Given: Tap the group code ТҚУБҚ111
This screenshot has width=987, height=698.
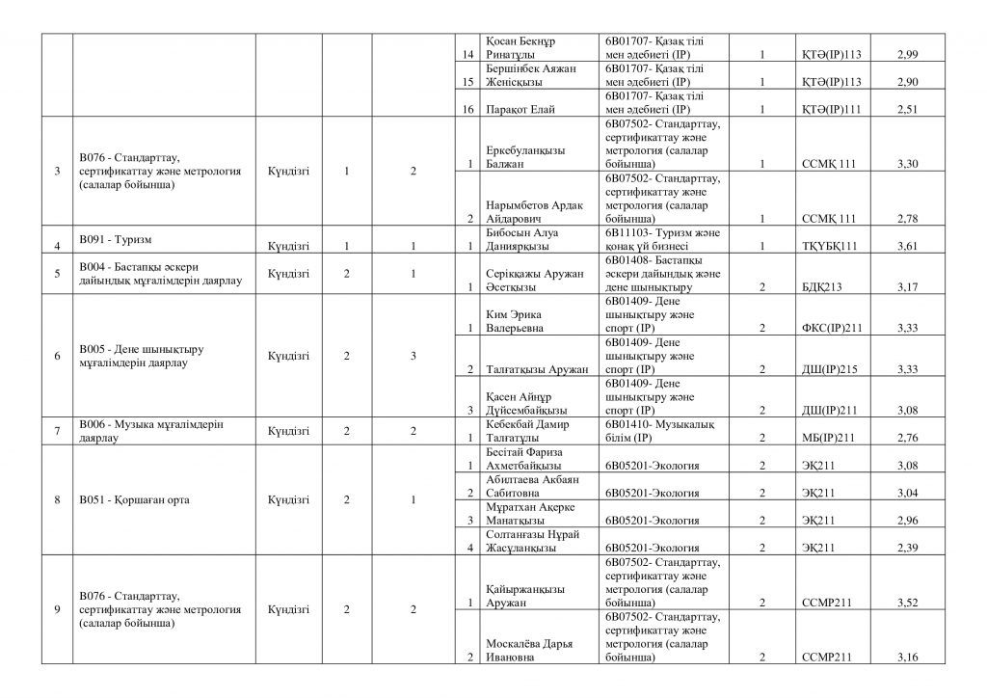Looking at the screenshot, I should point(829,247).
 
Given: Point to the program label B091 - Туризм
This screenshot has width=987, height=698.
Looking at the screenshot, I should point(120,237).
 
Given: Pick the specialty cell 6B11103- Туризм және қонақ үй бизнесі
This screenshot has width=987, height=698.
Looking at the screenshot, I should point(661,239).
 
